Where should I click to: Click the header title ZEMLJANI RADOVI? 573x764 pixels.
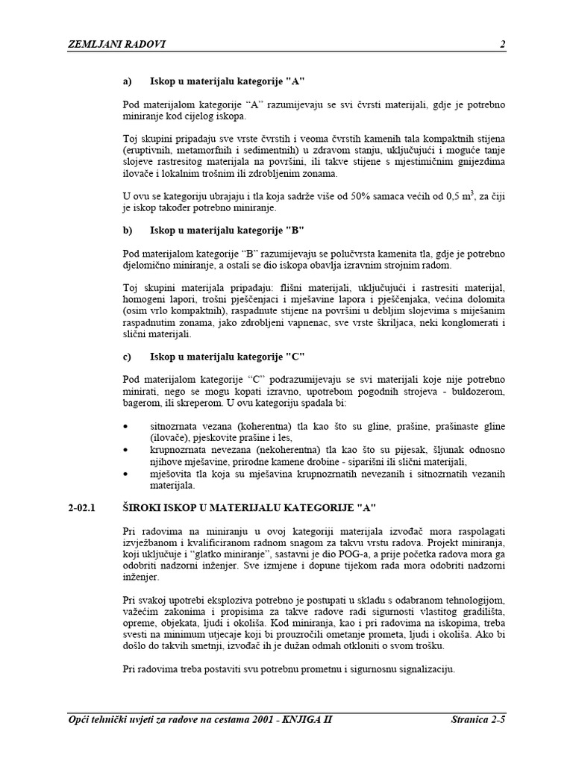pyautogui.click(x=116, y=44)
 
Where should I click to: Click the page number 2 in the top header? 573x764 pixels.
pyautogui.click(x=502, y=44)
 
